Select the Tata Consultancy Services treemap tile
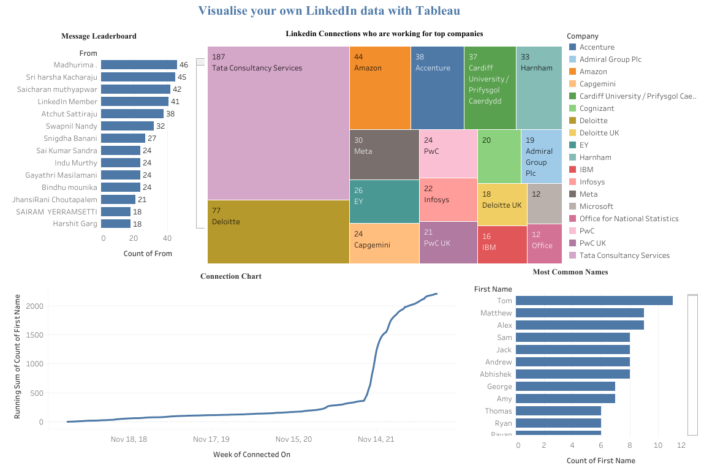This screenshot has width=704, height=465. (x=278, y=123)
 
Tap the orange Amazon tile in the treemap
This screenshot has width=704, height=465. (x=380, y=87)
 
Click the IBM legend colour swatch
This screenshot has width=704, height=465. (x=572, y=170)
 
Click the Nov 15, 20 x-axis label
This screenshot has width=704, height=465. (x=293, y=439)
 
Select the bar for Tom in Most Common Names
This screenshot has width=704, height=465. (x=593, y=301)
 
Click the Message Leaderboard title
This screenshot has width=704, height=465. (x=99, y=36)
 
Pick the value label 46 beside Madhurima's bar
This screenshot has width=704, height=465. (x=183, y=65)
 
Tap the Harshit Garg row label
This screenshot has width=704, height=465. (x=75, y=224)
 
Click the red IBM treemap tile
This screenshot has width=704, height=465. (x=501, y=244)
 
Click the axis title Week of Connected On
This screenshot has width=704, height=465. (x=251, y=455)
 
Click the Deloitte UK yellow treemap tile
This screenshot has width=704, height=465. (x=502, y=205)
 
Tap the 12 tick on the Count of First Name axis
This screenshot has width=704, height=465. (x=681, y=445)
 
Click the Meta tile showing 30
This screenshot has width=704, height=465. (x=384, y=154)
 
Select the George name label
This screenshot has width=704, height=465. (x=499, y=387)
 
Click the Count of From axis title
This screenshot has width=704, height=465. (x=148, y=254)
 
